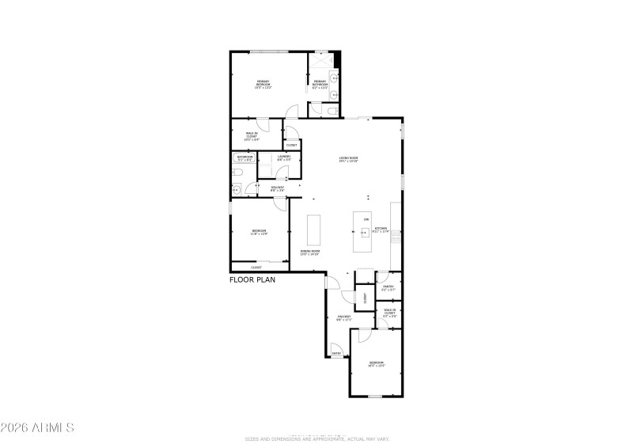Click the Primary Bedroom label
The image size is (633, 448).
click(x=263, y=84)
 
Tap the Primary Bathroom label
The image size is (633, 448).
click(x=320, y=84)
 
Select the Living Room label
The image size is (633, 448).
click(x=348, y=159)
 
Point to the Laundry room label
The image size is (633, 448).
click(x=284, y=158)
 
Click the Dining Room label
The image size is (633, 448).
click(x=309, y=252)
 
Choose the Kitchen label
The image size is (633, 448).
click(x=381, y=230)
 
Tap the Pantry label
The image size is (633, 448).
click(x=388, y=287)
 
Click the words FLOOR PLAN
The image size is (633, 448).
click(x=251, y=280)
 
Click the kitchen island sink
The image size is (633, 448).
click(x=366, y=232)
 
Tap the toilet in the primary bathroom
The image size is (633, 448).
click(x=331, y=113)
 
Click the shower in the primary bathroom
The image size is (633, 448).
click(x=321, y=61)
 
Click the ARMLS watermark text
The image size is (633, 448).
click(x=37, y=427)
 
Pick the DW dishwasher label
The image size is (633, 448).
click(x=366, y=219)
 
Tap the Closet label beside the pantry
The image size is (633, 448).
click(x=365, y=298)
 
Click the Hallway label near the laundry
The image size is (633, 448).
click(x=278, y=188)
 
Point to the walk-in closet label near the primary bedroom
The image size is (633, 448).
click(x=252, y=136)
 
